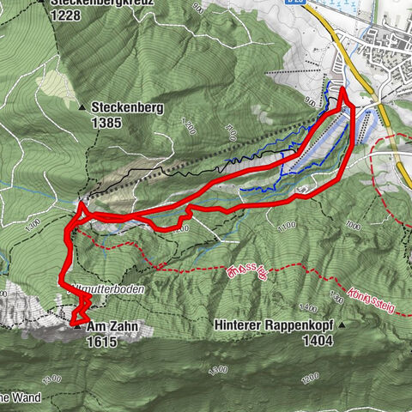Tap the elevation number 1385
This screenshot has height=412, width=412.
point(109,123)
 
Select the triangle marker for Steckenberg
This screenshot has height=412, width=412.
point(83,108)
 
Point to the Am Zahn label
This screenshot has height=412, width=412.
point(111,327)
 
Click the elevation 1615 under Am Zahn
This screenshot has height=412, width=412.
point(101,341)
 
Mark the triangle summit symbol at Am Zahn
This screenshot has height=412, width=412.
point(77,326)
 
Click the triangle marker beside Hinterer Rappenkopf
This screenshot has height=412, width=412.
point(342,326)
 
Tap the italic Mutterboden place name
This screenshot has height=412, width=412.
point(112,291)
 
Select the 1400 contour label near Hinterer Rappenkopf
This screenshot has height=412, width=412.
point(306,306)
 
